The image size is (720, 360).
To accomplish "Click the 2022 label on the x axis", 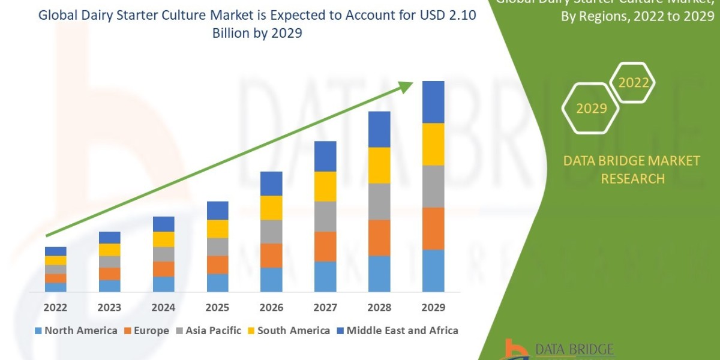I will pyautogui.click(x=55, y=307).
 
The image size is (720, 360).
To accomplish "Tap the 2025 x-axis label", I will pyautogui.click(x=217, y=307).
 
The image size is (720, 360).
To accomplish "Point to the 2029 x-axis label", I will pyautogui.click(x=433, y=307).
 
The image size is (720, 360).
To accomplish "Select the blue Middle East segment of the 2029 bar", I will pyautogui.click(x=433, y=102).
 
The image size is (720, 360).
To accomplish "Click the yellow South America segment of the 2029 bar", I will pyautogui.click(x=433, y=144).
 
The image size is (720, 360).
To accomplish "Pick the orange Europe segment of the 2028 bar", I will pyautogui.click(x=379, y=238).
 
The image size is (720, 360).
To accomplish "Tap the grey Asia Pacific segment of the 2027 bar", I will pyautogui.click(x=325, y=216).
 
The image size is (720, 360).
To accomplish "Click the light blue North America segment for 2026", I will pyautogui.click(x=271, y=280).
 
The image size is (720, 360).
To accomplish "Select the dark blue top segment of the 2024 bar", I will pyautogui.click(x=163, y=224).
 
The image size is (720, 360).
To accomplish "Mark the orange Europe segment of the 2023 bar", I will pyautogui.click(x=109, y=274).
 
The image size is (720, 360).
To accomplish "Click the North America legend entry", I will pyautogui.click(x=76, y=331).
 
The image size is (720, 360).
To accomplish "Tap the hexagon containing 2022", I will pyautogui.click(x=633, y=83).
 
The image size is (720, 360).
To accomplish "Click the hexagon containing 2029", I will pyautogui.click(x=590, y=109).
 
